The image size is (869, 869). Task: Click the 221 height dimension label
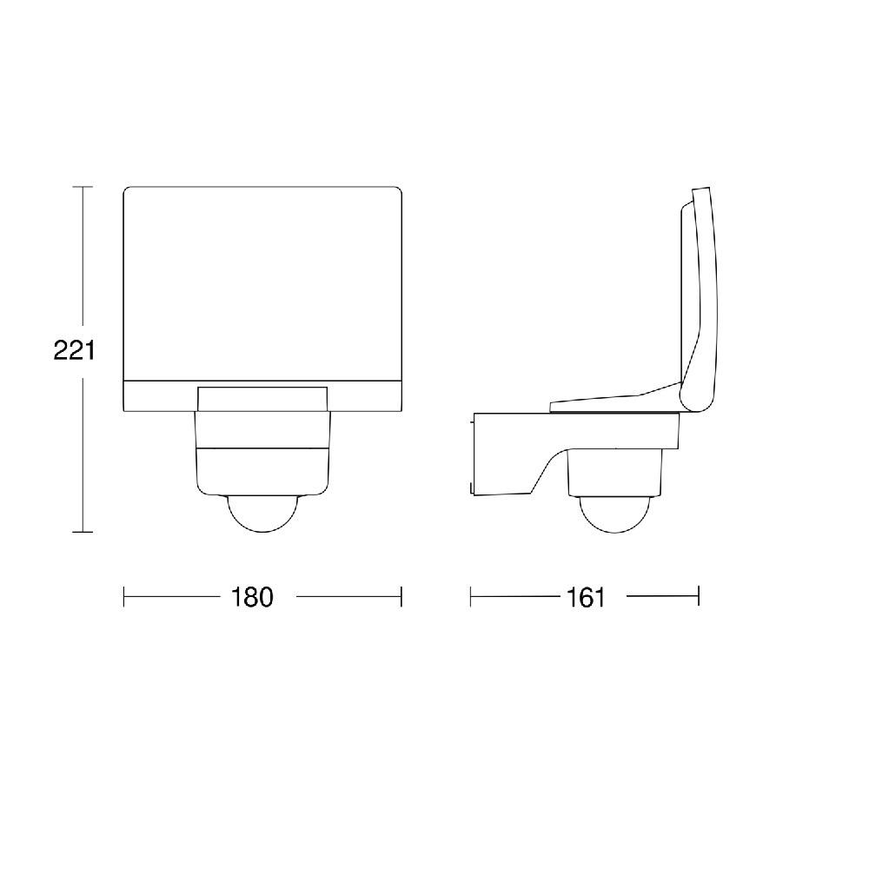(74, 350)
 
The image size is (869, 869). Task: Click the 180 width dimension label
(252, 597)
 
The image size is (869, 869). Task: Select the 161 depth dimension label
(586, 597)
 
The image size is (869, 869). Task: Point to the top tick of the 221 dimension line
(83, 187)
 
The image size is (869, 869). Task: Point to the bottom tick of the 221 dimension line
(83, 532)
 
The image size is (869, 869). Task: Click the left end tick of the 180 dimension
(123, 597)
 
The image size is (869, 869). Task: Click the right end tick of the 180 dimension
(401, 597)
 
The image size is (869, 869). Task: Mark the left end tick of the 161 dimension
(470, 597)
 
